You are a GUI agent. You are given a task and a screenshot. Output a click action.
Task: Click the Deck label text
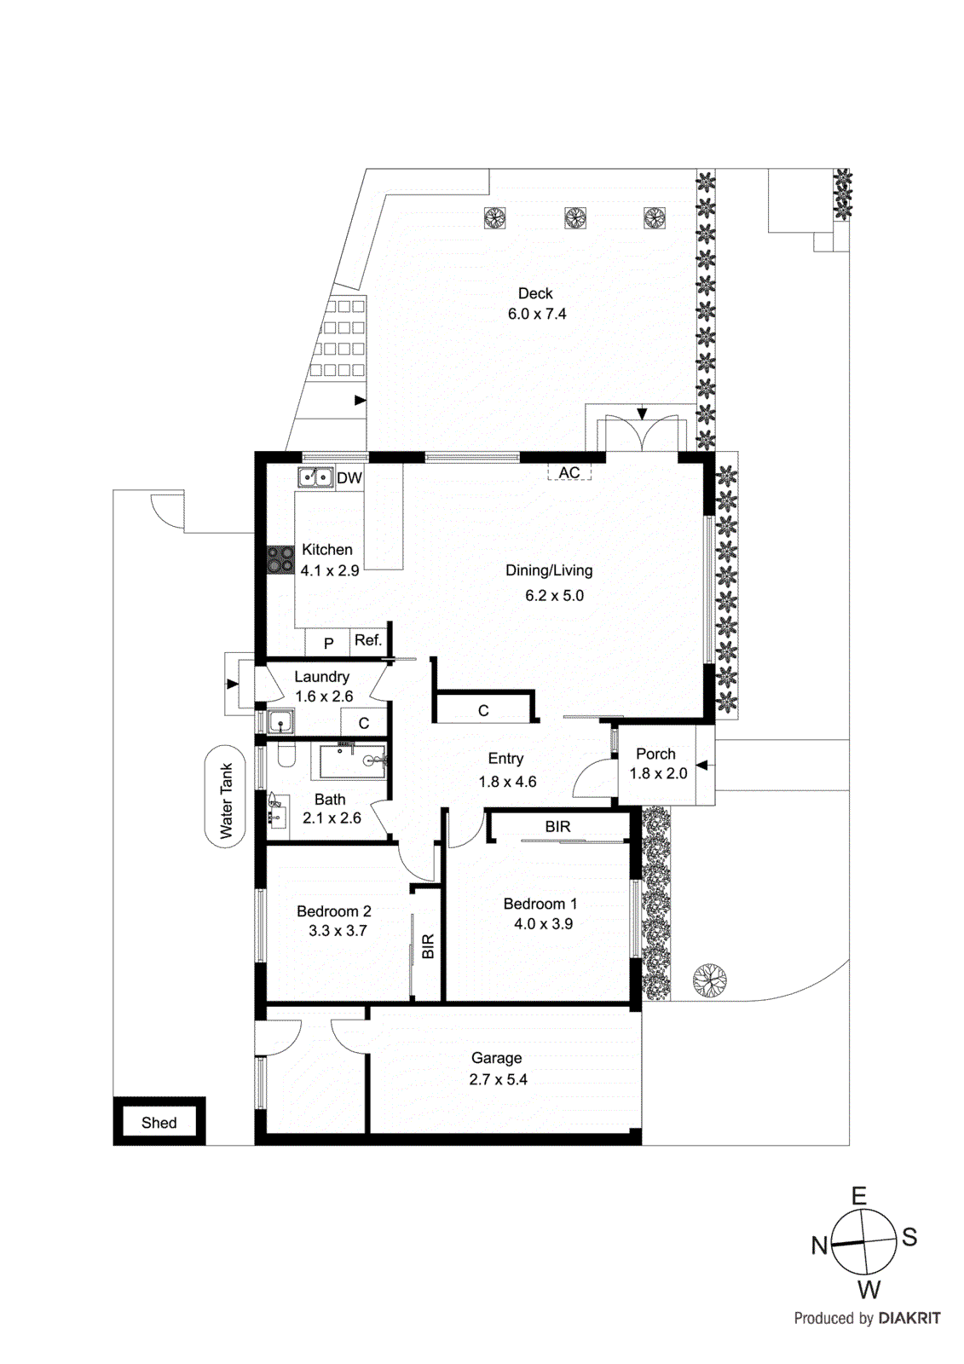(x=535, y=293)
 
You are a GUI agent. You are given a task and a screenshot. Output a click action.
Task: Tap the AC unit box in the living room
(x=569, y=472)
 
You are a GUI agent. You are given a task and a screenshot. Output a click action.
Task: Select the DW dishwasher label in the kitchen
(x=349, y=478)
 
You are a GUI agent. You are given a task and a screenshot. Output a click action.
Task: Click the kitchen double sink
(x=315, y=477)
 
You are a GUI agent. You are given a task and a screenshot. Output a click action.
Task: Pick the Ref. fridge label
(x=368, y=640)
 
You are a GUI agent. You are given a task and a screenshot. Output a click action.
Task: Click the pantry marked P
(x=328, y=644)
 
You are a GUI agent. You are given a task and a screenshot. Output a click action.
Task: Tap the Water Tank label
(x=226, y=800)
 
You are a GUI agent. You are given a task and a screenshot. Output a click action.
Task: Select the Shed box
(x=159, y=1123)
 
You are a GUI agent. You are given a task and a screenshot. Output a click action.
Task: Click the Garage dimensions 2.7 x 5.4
(x=498, y=1079)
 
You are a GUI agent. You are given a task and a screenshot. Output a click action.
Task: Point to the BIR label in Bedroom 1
(x=557, y=826)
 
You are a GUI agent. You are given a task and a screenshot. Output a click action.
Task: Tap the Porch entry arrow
(x=702, y=765)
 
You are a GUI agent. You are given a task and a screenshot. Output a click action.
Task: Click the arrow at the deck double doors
(x=642, y=413)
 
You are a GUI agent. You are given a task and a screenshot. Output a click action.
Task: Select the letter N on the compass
(x=820, y=1246)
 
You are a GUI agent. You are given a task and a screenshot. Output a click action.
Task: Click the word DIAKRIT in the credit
(x=909, y=1318)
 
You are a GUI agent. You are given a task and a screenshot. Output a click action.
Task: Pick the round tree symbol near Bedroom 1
(x=709, y=980)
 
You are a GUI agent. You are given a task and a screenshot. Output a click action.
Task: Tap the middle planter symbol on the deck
(x=575, y=218)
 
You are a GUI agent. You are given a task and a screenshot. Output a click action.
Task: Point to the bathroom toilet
(x=286, y=754)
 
